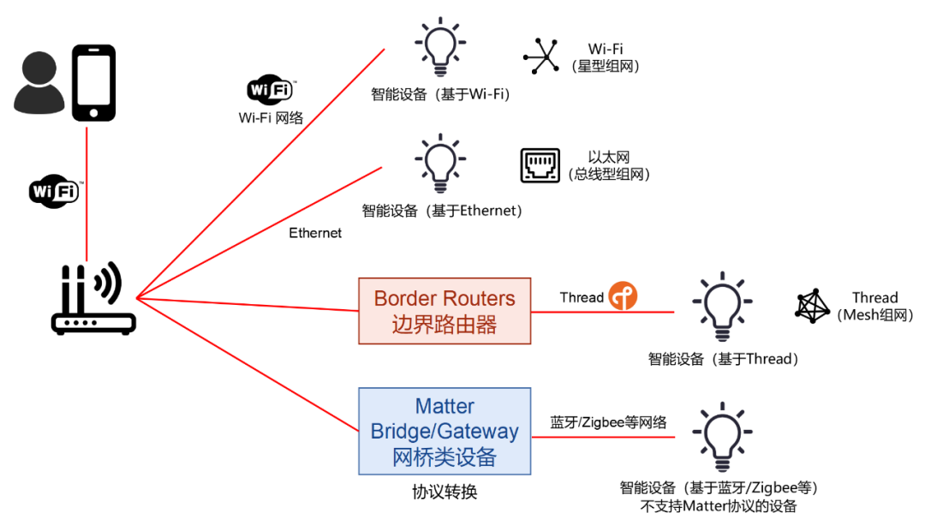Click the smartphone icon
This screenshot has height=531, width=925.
(92, 83)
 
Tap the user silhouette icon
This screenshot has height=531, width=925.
(39, 84)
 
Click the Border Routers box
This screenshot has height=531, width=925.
(445, 311)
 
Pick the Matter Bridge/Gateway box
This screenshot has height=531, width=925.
(445, 431)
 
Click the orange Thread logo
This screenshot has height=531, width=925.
(623, 296)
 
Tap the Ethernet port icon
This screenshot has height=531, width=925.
(540, 165)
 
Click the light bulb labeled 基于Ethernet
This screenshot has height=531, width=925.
(440, 163)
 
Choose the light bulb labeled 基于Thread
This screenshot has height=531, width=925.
(723, 306)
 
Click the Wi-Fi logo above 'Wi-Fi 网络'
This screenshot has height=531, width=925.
(271, 89)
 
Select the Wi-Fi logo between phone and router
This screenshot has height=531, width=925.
(54, 191)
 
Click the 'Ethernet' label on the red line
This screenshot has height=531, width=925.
(315, 233)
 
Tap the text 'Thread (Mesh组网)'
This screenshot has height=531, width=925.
(874, 307)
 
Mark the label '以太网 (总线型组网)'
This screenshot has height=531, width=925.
(609, 166)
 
